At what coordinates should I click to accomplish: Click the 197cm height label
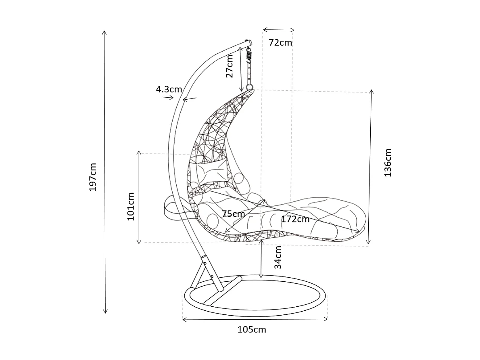click(x=93, y=177)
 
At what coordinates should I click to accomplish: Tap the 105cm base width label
click(x=252, y=330)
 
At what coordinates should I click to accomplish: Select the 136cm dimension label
click(x=388, y=162)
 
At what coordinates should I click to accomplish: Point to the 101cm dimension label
click(x=131, y=206)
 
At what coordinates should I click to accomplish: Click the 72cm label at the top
click(x=280, y=43)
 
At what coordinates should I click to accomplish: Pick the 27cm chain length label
click(x=230, y=66)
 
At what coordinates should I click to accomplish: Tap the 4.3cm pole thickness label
click(x=169, y=90)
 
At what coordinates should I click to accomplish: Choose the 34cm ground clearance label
click(x=278, y=257)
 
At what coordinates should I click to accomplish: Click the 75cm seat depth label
click(x=233, y=213)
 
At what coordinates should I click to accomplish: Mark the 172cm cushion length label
click(x=295, y=220)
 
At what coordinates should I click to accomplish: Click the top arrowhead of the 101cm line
click(x=139, y=153)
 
